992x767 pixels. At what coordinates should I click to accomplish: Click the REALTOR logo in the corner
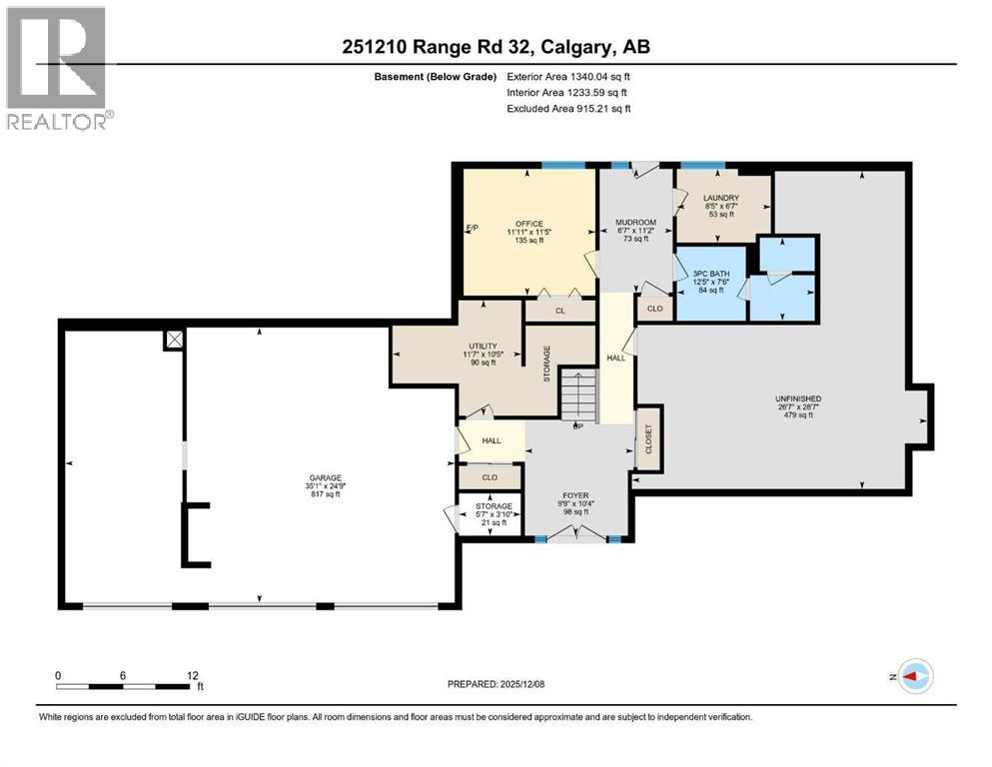(x=59, y=68)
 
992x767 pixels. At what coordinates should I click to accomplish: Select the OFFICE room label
(x=528, y=223)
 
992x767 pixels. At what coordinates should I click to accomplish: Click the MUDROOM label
(x=635, y=222)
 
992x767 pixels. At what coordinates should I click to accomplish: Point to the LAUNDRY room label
(x=719, y=198)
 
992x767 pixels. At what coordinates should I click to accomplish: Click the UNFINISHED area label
(x=795, y=398)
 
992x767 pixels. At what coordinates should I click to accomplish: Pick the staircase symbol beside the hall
(x=577, y=395)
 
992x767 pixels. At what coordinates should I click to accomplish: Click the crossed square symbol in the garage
(x=175, y=340)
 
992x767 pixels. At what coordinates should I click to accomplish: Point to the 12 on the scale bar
(x=192, y=675)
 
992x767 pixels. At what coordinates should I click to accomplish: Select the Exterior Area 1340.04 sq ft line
(x=568, y=76)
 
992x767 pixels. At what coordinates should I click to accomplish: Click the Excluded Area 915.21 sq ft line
(x=568, y=108)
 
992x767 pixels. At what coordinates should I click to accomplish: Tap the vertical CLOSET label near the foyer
(x=648, y=436)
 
